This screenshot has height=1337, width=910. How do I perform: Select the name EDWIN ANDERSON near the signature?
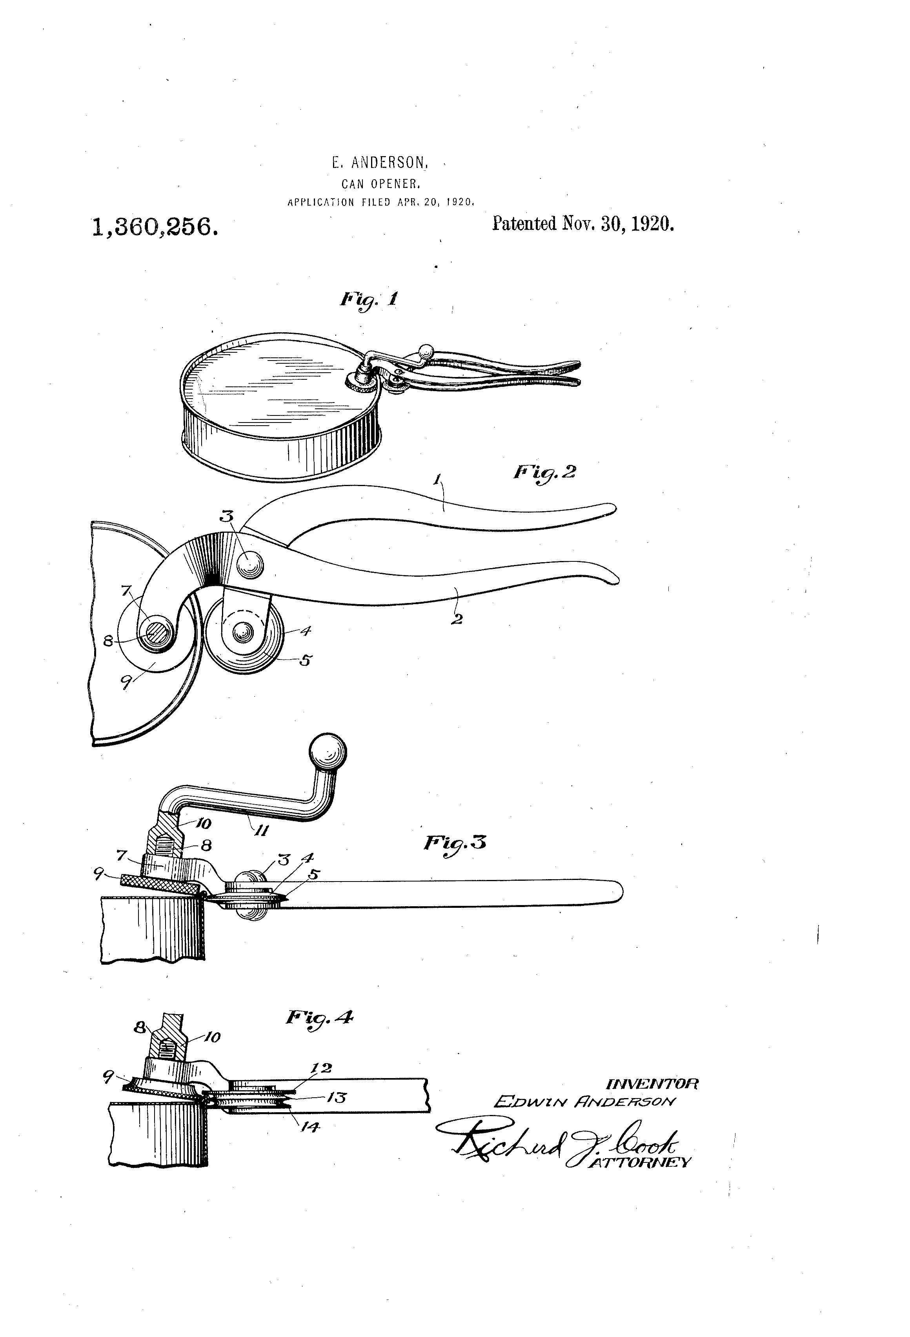pos(585,1101)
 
